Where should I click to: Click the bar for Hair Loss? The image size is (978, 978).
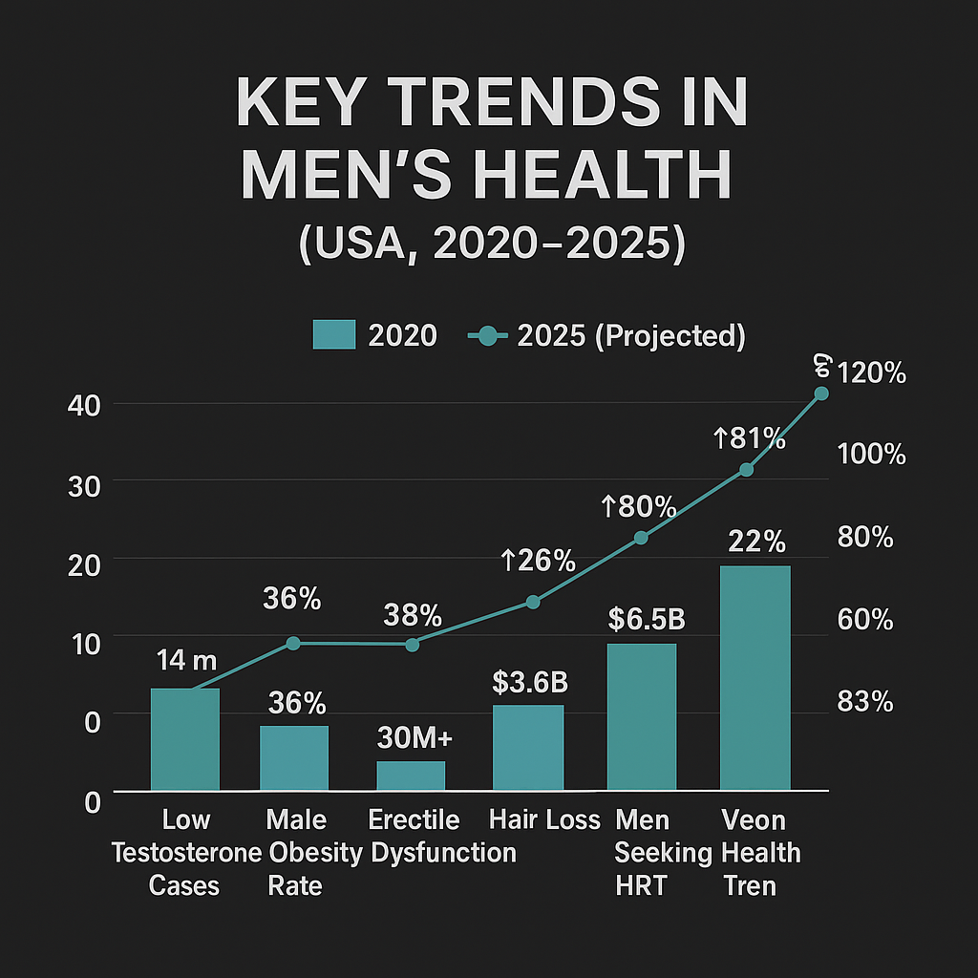click(x=528, y=748)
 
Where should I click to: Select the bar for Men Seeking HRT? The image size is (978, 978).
click(x=642, y=717)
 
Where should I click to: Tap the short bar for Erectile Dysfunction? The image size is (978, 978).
click(x=411, y=776)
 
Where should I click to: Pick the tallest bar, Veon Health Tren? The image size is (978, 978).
click(x=755, y=678)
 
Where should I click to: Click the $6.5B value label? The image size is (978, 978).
click(x=647, y=619)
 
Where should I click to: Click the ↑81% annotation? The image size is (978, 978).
click(x=750, y=439)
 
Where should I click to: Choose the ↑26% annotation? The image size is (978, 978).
click(x=539, y=561)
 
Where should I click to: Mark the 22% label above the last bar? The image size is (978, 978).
click(x=756, y=542)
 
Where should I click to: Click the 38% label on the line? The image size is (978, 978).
click(x=413, y=614)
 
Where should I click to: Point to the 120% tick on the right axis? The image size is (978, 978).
click(x=871, y=373)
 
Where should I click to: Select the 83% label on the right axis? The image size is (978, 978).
click(x=864, y=702)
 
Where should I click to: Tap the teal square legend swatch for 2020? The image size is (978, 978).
click(x=334, y=335)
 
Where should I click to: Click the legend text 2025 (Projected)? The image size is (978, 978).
click(x=629, y=336)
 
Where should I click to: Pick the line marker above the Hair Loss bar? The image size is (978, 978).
click(x=533, y=602)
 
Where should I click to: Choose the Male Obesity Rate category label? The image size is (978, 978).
click(x=296, y=852)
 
